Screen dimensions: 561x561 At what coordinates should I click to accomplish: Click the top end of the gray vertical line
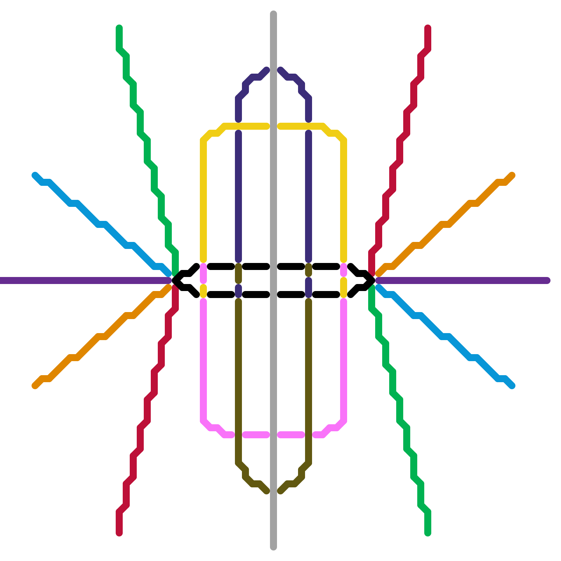[x=273, y=14]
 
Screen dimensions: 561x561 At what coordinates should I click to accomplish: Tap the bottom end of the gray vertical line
[x=273, y=547]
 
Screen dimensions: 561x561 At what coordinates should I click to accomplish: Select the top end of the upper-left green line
[x=119, y=28]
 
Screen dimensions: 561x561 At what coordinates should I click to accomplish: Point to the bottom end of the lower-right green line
[x=428, y=533]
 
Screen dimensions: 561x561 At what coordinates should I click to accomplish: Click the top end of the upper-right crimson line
[x=428, y=28]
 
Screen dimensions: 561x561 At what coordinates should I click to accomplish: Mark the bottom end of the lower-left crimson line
[x=119, y=533]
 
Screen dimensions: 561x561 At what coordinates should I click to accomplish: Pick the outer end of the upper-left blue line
[x=35, y=175]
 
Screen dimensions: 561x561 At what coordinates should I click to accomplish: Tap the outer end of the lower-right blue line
[x=512, y=386]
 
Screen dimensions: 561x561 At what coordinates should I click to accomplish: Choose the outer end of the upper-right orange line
[x=512, y=175]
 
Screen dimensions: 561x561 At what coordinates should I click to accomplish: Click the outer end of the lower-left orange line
[x=35, y=386]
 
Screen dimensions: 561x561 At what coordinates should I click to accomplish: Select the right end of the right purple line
[x=547, y=280]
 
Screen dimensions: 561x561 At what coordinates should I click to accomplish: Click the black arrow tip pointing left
[x=174, y=280]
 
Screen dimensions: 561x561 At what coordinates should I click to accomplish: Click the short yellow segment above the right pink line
[x=344, y=288]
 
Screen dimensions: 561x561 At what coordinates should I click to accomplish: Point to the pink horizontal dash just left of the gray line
[x=256, y=435]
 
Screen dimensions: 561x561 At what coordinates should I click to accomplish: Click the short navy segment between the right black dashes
[x=309, y=288]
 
